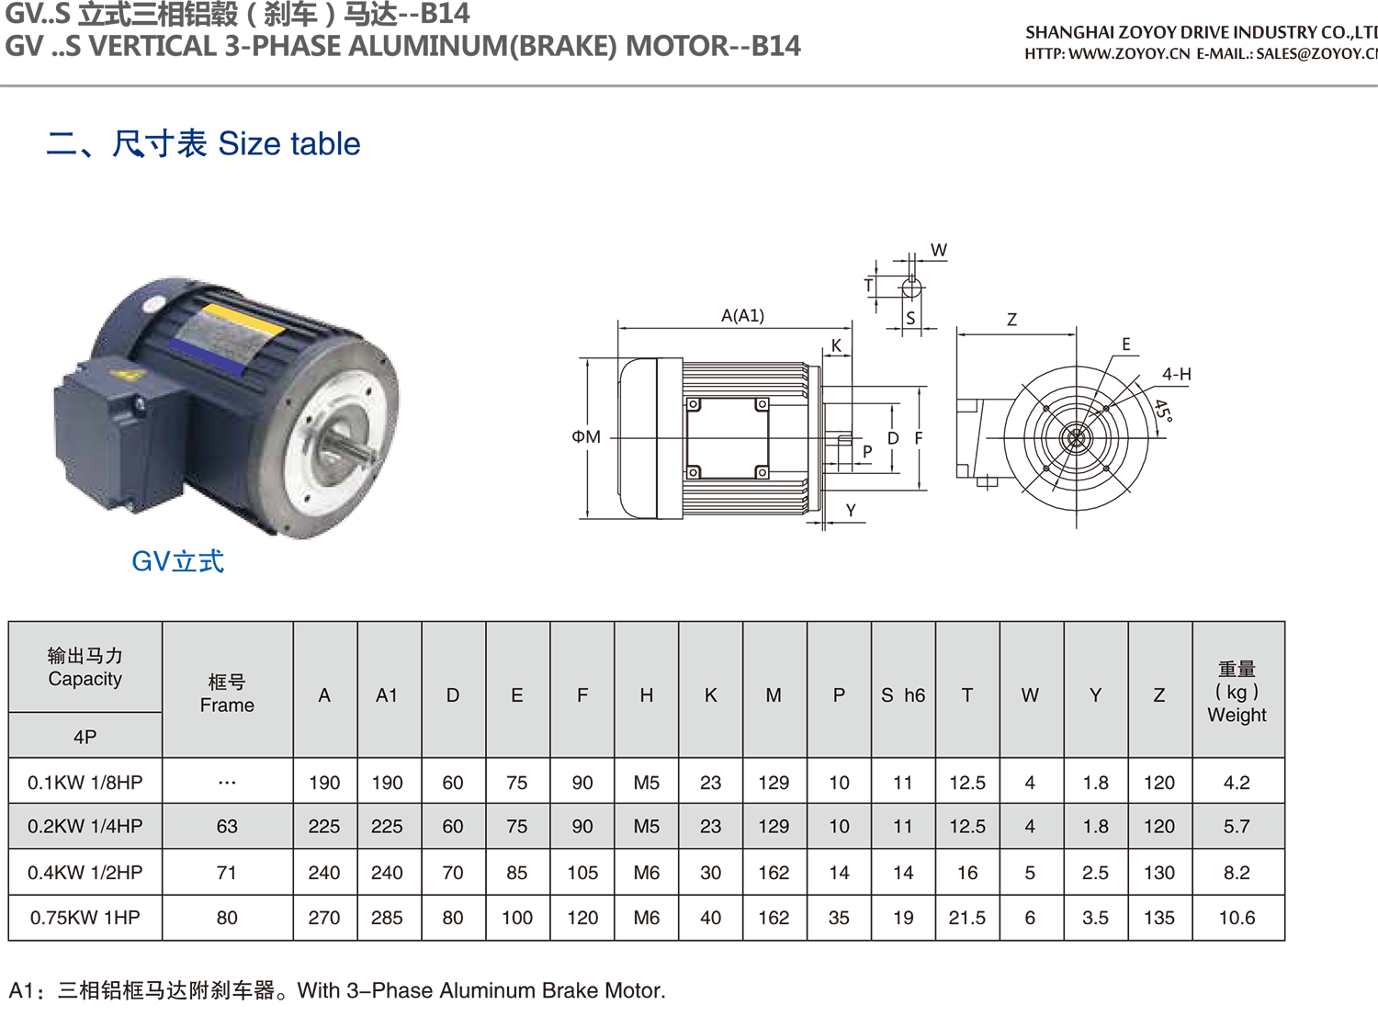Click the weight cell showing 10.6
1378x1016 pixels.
click(x=1237, y=918)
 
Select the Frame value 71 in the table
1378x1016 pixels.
click(x=226, y=872)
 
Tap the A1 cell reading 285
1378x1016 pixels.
click(x=387, y=918)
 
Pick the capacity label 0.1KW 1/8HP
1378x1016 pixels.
click(x=85, y=783)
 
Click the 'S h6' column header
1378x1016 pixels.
click(x=903, y=695)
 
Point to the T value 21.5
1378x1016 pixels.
click(x=967, y=918)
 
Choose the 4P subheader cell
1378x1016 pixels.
click(x=85, y=736)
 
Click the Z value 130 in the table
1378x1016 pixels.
click(x=1159, y=872)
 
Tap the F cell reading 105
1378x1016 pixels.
click(x=582, y=872)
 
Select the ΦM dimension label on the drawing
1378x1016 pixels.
click(x=586, y=436)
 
